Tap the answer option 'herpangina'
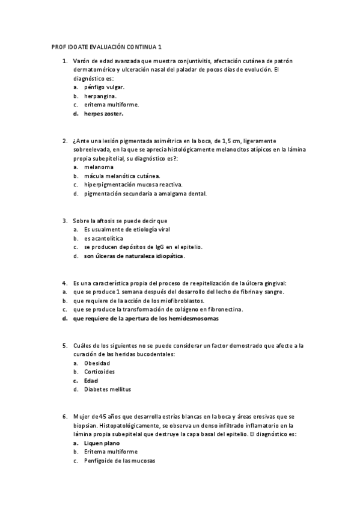point(100,96)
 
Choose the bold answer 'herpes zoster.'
point(104,113)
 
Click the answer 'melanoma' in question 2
point(99,167)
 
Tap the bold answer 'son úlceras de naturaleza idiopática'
point(134,256)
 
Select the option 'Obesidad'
point(97,363)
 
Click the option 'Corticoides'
point(100,372)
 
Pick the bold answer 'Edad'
point(91,381)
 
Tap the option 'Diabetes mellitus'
point(107,390)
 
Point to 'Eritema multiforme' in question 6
point(111,452)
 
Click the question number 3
point(65,221)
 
